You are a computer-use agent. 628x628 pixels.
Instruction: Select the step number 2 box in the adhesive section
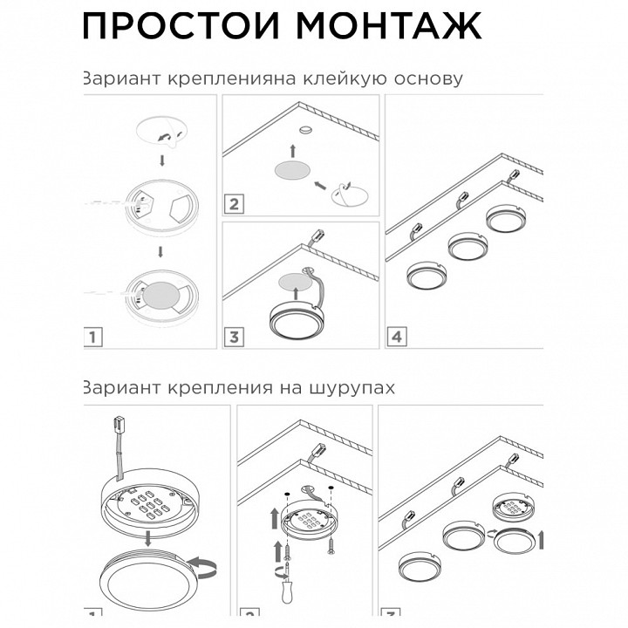coord(233,205)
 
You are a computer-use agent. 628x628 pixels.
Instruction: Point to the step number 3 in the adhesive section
coord(233,336)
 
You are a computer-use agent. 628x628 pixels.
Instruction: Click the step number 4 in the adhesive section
coord(397,336)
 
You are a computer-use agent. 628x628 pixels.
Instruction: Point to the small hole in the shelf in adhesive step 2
coord(305,129)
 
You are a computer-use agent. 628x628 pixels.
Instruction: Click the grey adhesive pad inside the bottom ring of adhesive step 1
coord(160,295)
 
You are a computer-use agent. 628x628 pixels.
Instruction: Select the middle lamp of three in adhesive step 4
coord(468,246)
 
